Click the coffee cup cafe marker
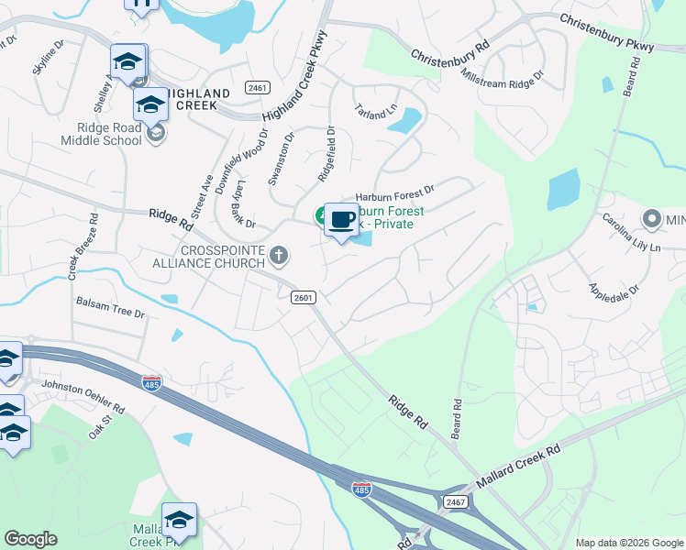[x=340, y=220]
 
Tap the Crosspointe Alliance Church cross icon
[x=280, y=254]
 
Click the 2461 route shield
[x=257, y=88]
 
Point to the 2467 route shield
[x=455, y=501]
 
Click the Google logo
[x=30, y=539]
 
